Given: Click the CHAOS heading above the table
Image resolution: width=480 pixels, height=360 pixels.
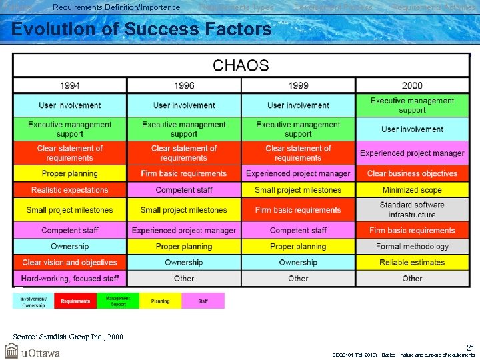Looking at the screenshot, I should [241, 65].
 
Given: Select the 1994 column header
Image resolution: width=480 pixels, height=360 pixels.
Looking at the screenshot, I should [70, 85].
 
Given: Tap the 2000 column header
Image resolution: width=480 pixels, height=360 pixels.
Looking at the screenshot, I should [412, 85].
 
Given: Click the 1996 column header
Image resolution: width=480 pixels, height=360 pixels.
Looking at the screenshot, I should [184, 85].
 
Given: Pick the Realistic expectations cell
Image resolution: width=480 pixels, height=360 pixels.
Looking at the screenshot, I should [70, 190].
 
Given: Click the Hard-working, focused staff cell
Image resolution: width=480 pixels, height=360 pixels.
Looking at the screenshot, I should [70, 279].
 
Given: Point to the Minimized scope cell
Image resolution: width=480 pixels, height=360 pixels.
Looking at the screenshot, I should [412, 190].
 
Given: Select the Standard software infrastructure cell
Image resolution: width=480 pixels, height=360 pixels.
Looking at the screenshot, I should [412, 210].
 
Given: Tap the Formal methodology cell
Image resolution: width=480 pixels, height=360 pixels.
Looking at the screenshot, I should [412, 247].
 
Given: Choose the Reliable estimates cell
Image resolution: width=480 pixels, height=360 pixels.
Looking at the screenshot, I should [412, 263].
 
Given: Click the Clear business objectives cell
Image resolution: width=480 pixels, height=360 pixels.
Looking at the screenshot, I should [412, 173].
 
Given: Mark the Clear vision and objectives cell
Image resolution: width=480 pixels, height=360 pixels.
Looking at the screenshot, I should [70, 263].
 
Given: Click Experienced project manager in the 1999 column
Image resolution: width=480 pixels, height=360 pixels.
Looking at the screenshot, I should [298, 173].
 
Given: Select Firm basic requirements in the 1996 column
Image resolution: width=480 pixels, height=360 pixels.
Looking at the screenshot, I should [184, 173].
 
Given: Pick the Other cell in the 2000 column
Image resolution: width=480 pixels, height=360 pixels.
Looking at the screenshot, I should [412, 279].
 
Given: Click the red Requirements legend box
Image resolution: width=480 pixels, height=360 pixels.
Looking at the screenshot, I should [75, 301].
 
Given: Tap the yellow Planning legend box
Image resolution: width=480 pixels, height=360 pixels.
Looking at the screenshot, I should [160, 301].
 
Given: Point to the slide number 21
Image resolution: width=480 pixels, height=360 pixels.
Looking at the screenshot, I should [470, 347].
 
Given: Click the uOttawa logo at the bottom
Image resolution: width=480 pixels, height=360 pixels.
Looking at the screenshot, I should [33, 351].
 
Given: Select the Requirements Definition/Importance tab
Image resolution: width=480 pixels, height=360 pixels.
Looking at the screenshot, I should [116, 7].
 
